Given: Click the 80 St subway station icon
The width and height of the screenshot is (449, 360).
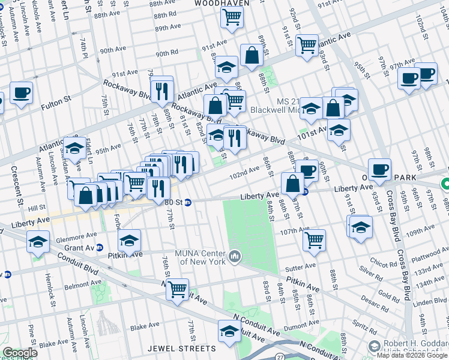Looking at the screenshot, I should click(187, 203).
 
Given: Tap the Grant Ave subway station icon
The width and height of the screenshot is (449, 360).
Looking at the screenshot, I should click(100, 247).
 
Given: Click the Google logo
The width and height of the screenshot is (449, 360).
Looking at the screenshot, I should click(20, 353).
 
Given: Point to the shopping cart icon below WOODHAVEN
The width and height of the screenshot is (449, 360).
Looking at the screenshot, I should click(231, 17).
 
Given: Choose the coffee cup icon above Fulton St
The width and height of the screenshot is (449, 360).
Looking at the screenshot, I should click(21, 93).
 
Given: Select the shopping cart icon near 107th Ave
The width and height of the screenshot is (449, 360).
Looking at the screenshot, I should click(314, 240).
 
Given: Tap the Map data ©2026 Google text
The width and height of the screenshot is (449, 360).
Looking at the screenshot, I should click(412, 355).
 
